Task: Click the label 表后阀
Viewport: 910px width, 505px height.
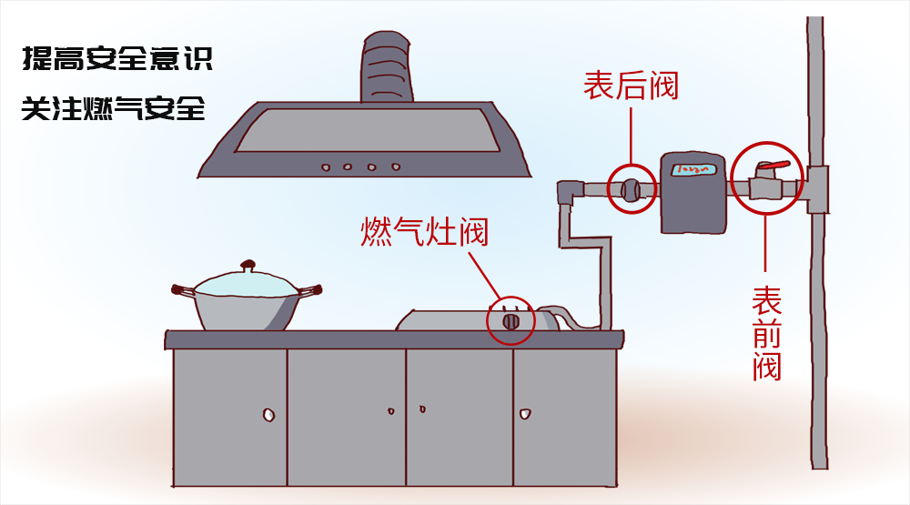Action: point(631,86)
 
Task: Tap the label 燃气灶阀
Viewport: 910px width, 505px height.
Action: point(424,231)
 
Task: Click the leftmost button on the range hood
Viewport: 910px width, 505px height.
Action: point(325,167)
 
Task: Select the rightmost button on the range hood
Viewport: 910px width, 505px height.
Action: point(395,167)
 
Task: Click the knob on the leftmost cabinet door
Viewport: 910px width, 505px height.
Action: point(268,415)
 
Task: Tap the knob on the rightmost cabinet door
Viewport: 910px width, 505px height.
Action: point(524,414)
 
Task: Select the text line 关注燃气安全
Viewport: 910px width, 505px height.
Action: point(115,108)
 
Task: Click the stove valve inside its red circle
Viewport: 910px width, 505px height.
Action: point(511,320)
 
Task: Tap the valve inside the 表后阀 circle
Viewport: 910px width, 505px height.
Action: point(630,189)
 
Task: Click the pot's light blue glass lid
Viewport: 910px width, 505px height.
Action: point(246,284)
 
